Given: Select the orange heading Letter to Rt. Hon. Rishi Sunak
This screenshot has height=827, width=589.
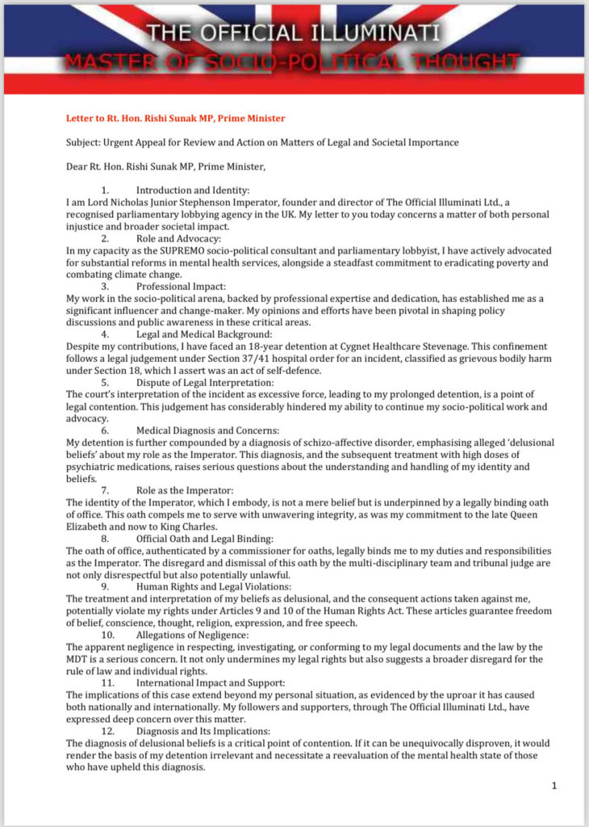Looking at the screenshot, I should click(175, 118).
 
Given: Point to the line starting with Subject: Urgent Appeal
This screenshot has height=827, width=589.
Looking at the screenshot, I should click(262, 143).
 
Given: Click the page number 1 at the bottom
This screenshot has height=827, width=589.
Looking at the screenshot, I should click(553, 786).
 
